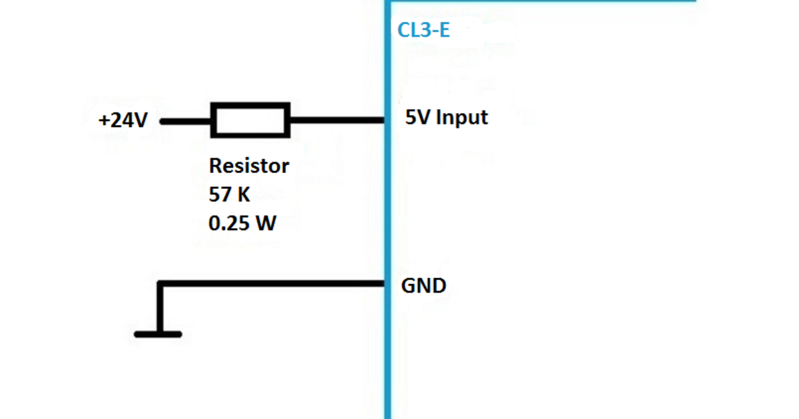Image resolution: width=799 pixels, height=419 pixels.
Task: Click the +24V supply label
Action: (x=123, y=122)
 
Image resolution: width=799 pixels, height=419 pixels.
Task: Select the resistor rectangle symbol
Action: (x=250, y=120)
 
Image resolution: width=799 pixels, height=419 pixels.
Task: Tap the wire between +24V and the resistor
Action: (x=186, y=122)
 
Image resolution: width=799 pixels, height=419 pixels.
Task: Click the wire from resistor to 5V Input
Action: (x=336, y=121)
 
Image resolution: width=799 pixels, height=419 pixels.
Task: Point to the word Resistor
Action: (x=249, y=165)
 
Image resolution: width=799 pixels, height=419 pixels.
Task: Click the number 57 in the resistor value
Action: (x=220, y=195)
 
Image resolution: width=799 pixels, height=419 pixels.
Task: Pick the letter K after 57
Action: (x=244, y=195)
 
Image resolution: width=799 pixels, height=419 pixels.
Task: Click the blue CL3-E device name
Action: (x=423, y=31)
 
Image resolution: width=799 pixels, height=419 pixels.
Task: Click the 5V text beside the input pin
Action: (x=417, y=118)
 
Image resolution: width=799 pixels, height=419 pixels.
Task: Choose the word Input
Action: (x=461, y=118)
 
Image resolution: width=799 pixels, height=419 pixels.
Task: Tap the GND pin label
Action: (x=423, y=286)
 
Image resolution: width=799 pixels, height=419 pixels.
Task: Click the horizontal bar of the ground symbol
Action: (x=158, y=334)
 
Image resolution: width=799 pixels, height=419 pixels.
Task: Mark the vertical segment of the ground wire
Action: (x=160, y=309)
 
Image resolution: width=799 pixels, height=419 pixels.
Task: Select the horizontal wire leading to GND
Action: (x=273, y=284)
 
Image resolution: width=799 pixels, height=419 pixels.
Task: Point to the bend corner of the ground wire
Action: (x=160, y=285)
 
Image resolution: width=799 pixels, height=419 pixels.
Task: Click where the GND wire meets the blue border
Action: (x=387, y=284)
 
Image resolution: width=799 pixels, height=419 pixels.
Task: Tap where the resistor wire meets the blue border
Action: (x=387, y=121)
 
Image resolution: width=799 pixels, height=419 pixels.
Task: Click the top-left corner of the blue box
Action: (x=388, y=1)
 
